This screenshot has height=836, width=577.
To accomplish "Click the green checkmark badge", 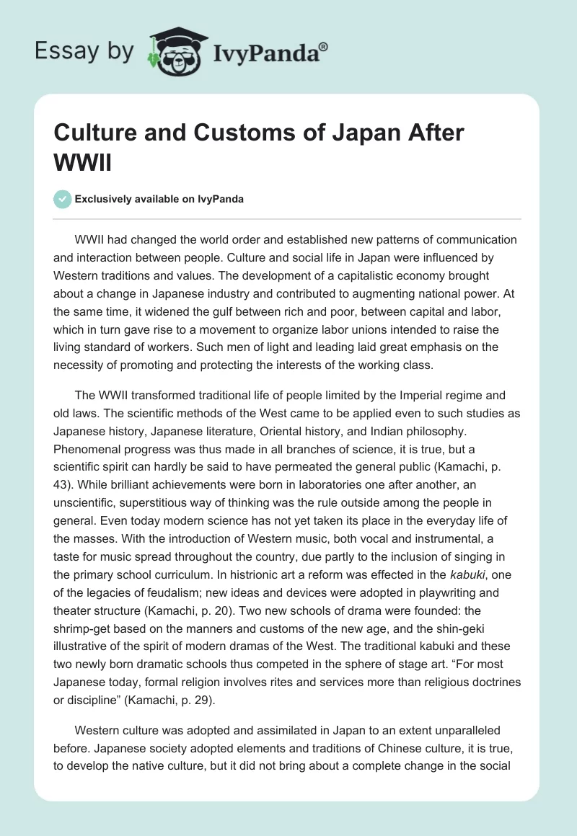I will (x=63, y=199).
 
